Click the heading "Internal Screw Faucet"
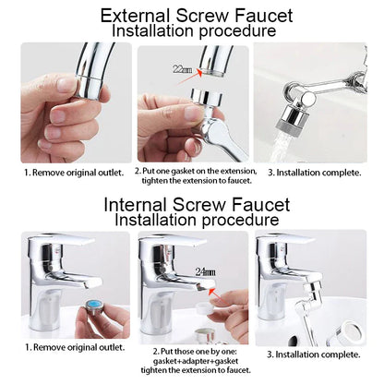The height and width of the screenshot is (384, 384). coord(195,204)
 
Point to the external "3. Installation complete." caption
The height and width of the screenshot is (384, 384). coord(313,172)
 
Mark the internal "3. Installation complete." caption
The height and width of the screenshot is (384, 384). coord(313,354)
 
